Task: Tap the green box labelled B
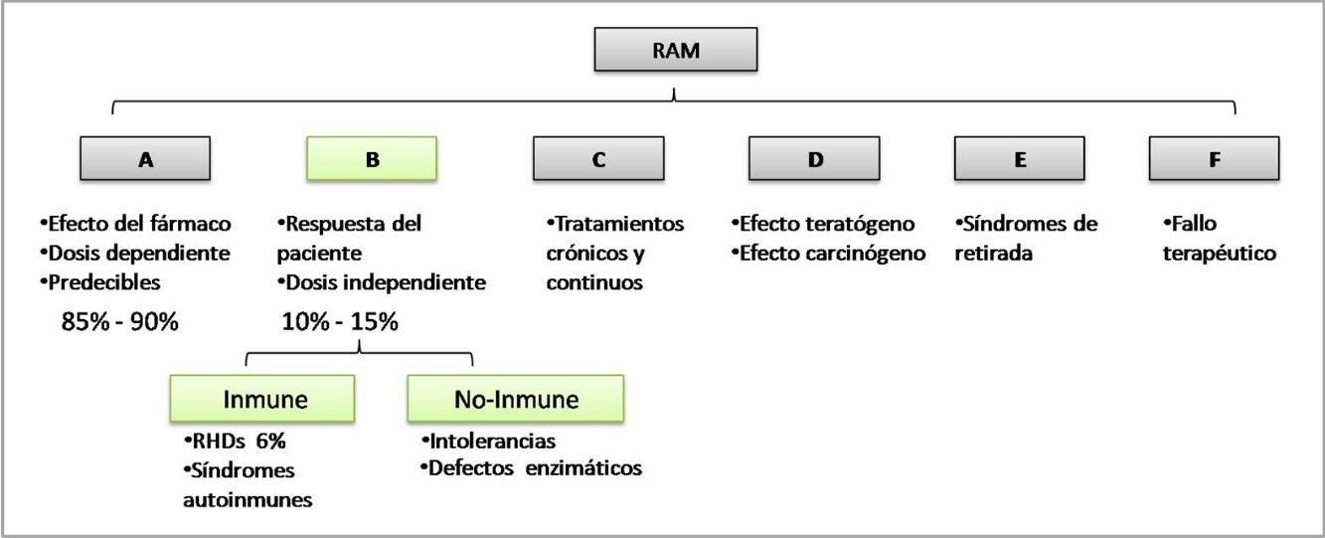[372, 159]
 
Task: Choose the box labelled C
[598, 159]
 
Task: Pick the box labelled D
[815, 159]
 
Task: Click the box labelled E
[1020, 159]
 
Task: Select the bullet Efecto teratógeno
[823, 224]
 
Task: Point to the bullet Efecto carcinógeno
[828, 254]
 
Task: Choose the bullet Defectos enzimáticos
[531, 466]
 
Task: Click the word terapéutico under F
[1220, 254]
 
